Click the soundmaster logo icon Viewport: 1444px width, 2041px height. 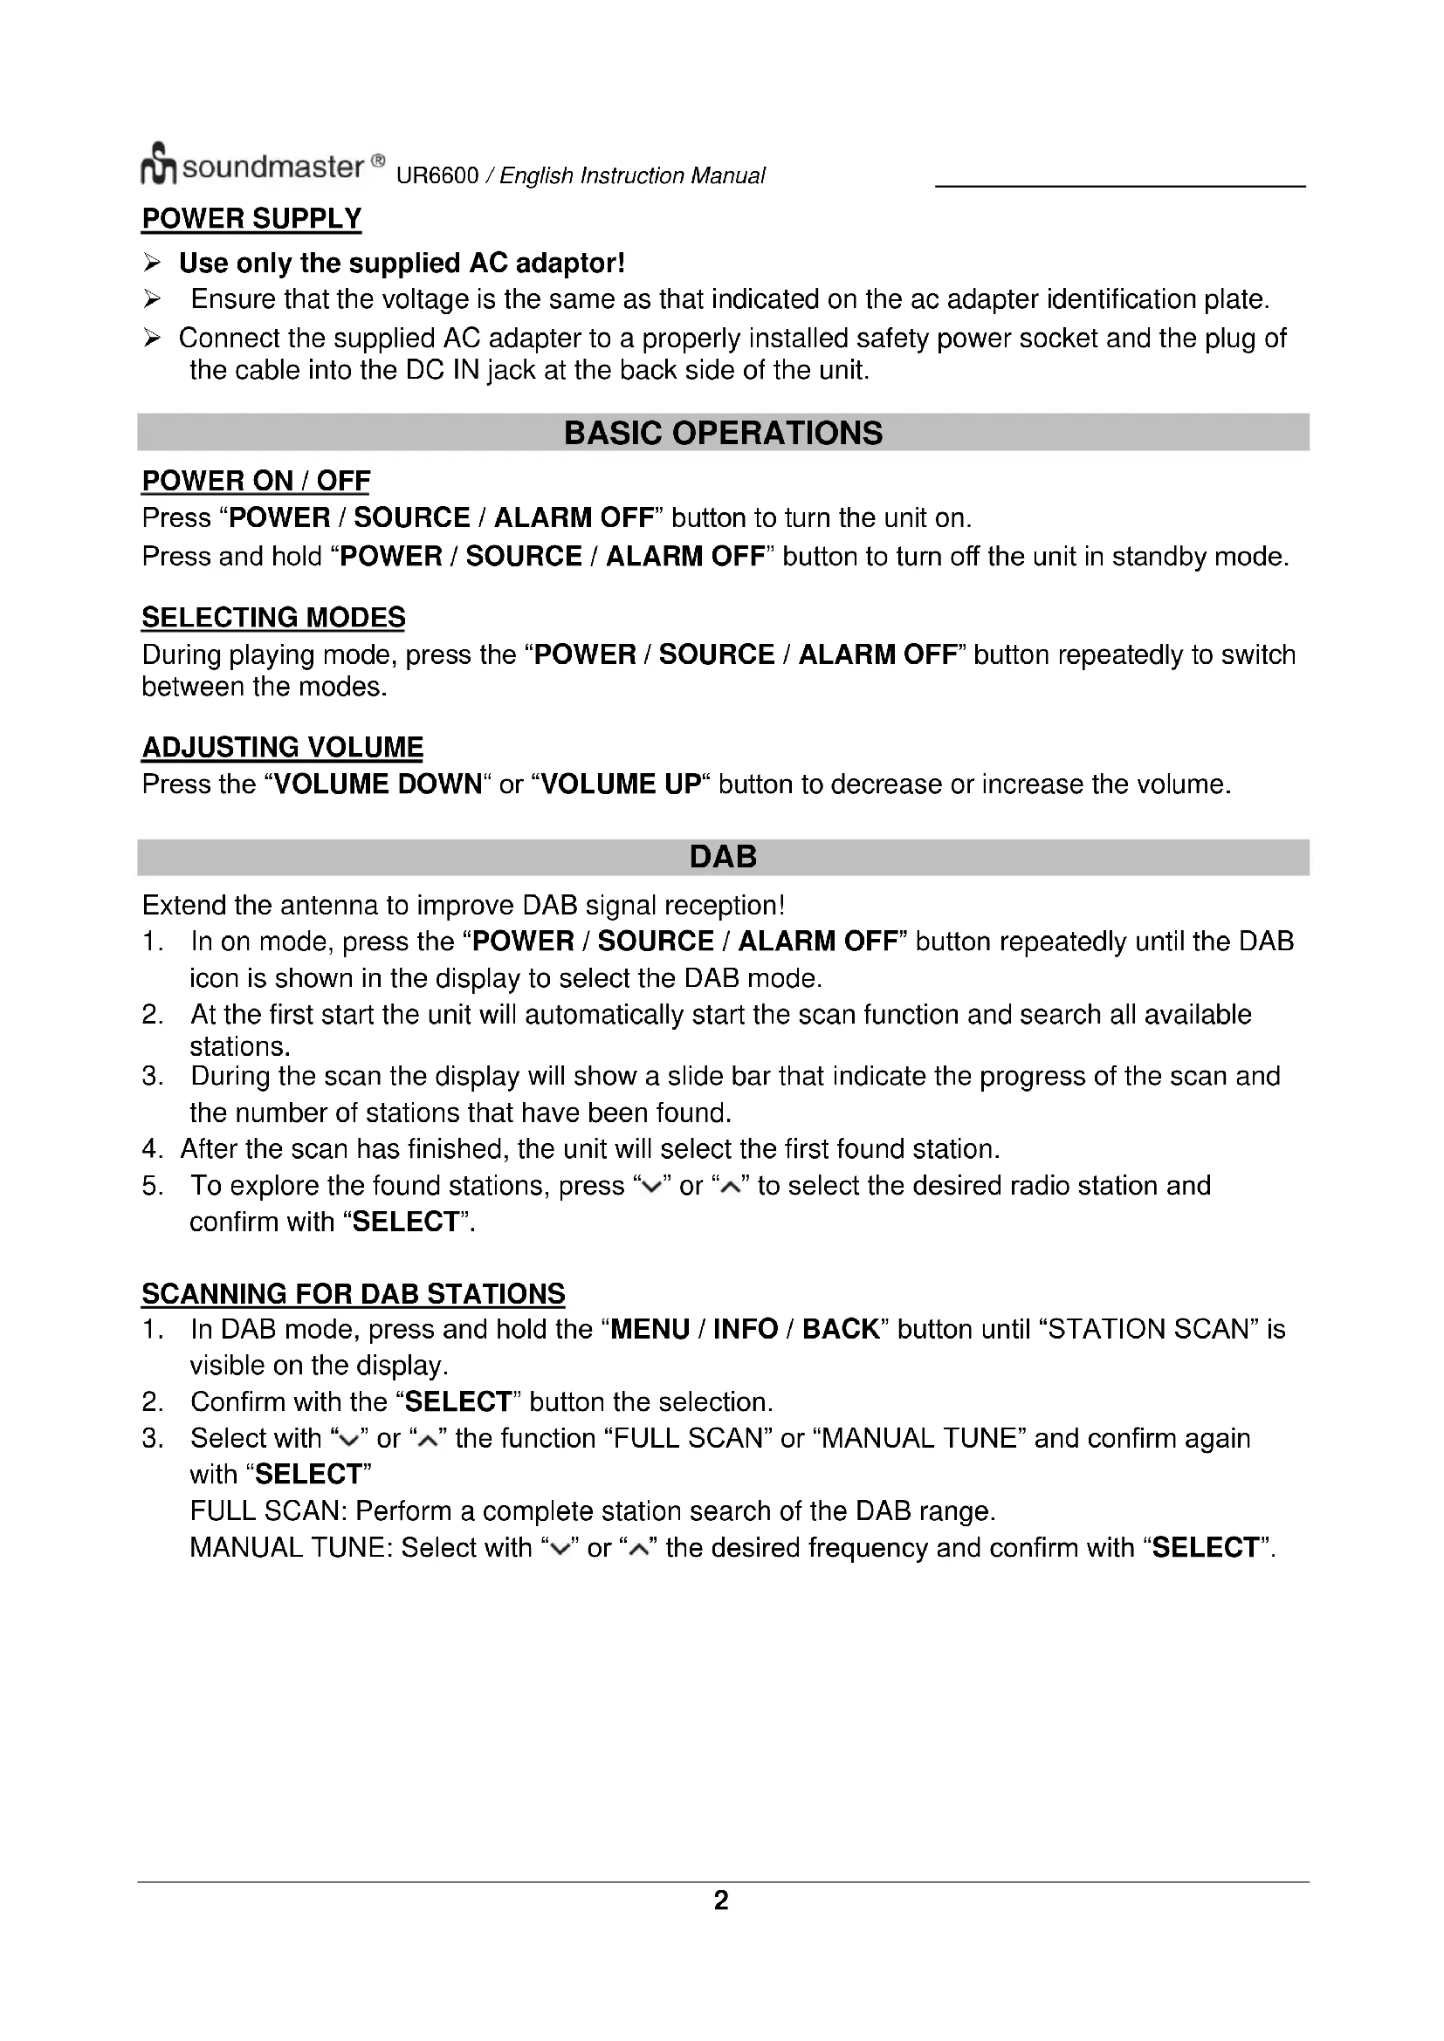158,164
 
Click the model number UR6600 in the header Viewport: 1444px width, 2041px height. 437,176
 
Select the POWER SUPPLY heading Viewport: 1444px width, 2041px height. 251,219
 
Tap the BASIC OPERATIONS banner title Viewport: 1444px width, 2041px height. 723,433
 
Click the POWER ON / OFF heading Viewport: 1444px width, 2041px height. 256,481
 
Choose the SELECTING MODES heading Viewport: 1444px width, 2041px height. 273,617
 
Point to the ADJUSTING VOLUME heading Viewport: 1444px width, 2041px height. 283,747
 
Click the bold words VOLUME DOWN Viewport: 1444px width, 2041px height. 378,784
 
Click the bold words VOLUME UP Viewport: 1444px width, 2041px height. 621,784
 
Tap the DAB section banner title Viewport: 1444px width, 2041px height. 723,857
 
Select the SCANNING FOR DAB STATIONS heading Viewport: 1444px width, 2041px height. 353,1293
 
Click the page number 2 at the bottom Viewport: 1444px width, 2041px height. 721,1901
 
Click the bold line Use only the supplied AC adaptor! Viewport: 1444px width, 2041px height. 402,264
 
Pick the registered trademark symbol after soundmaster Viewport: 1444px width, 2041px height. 378,161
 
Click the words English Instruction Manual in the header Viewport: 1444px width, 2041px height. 631,176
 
